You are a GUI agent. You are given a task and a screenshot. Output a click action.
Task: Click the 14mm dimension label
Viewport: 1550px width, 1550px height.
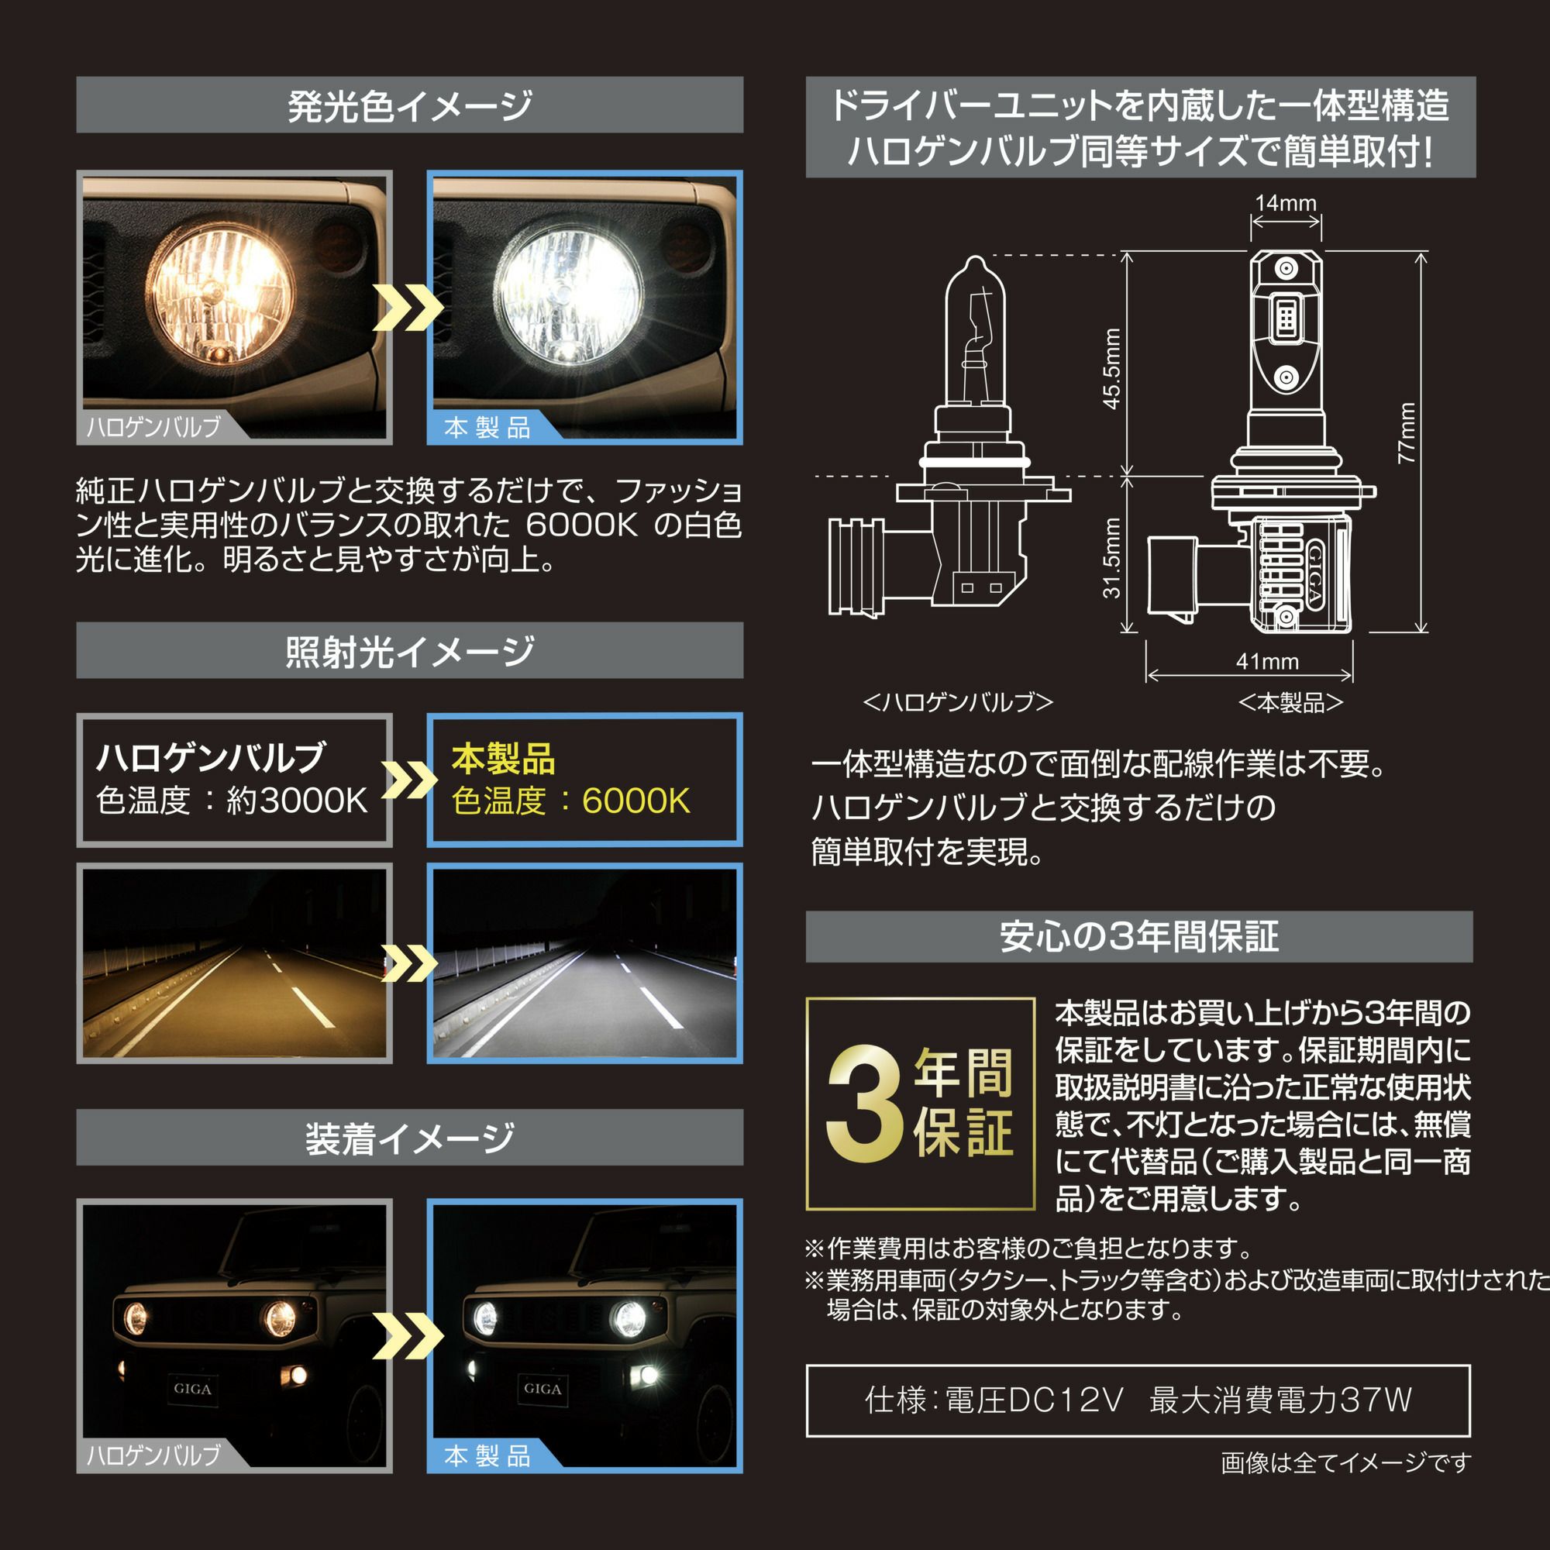click(1285, 203)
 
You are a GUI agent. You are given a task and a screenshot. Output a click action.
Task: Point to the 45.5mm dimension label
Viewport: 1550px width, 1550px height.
click(1111, 368)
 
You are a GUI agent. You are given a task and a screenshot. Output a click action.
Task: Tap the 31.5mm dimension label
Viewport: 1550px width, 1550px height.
click(1111, 557)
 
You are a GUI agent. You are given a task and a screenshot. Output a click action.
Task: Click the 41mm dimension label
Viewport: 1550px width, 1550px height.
click(1268, 661)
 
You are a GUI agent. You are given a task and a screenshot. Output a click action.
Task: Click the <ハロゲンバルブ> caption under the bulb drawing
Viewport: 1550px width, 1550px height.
click(958, 703)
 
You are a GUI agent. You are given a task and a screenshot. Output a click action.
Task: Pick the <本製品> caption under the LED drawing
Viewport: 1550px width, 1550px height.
click(1291, 703)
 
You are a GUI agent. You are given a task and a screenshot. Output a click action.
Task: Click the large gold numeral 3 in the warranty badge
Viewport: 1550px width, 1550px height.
click(865, 1104)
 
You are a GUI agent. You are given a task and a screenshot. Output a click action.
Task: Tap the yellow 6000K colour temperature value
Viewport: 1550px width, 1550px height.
click(636, 801)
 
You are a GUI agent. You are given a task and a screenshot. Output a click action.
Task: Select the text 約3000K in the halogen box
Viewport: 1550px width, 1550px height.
click(297, 800)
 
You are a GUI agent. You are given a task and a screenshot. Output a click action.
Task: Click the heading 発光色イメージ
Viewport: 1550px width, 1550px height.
click(410, 106)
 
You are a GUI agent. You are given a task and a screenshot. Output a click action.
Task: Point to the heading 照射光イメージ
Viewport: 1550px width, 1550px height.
click(410, 652)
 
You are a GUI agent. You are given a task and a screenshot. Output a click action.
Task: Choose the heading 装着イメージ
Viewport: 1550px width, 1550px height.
click(410, 1138)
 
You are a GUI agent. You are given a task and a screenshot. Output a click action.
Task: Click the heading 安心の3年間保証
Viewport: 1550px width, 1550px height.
click(1139, 936)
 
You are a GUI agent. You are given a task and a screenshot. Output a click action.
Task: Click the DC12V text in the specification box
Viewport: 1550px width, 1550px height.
click(1065, 1400)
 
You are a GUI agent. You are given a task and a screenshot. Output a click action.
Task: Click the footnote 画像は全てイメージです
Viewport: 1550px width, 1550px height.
click(1346, 1463)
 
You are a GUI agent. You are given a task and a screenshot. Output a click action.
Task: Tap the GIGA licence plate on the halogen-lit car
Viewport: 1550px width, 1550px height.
click(192, 1389)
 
